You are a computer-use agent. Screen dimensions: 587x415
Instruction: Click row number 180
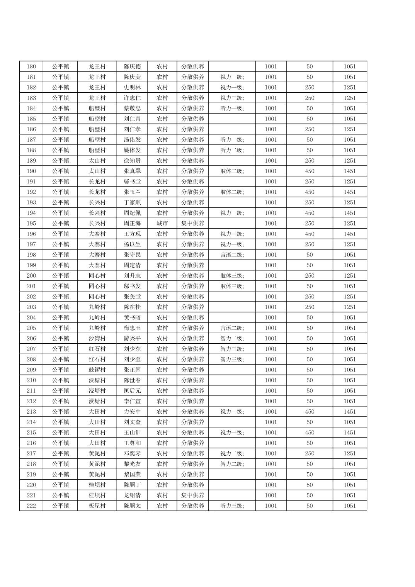(x=31, y=66)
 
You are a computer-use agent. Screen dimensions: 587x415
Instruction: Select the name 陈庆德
(x=132, y=66)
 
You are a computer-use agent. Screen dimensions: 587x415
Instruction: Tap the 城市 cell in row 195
(x=162, y=223)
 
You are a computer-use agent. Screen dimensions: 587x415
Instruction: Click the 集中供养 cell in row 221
(x=193, y=495)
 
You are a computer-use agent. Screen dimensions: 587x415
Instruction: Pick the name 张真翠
(x=132, y=171)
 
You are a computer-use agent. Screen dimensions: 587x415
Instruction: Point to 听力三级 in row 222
(x=232, y=506)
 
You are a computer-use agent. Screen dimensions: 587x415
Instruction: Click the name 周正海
(x=132, y=223)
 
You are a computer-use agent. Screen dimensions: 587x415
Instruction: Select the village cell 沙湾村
(x=97, y=338)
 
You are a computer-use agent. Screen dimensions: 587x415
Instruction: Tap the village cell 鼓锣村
(x=97, y=370)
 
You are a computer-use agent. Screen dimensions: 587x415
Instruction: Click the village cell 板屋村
(x=97, y=506)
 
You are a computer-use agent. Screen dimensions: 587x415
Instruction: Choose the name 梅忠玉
(x=132, y=328)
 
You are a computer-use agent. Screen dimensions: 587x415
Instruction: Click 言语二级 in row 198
(x=232, y=254)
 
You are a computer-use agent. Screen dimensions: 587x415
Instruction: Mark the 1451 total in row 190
(x=350, y=171)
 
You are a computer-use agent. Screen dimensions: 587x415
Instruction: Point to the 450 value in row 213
(x=310, y=412)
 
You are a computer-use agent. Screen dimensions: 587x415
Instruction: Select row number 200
(x=31, y=276)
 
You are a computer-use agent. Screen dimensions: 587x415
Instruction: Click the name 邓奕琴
(x=132, y=453)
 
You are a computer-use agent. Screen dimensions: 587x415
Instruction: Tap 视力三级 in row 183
(x=232, y=98)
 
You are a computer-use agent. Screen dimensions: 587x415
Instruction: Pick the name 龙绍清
(x=132, y=495)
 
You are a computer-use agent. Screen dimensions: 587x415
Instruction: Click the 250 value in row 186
(x=310, y=129)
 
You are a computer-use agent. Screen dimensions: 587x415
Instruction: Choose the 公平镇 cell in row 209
(x=60, y=370)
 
